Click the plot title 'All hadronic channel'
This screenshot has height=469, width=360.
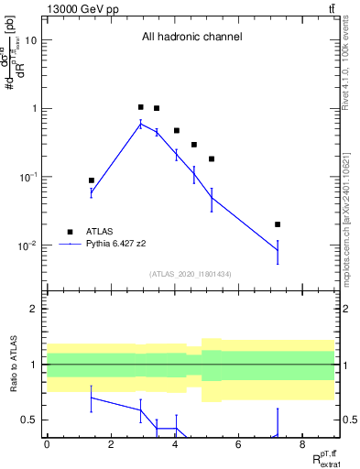(x=191, y=38)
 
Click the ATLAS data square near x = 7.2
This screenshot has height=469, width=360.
(x=278, y=224)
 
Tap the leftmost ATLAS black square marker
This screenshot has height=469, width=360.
(x=92, y=180)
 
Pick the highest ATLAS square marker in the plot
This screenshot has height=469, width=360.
(x=140, y=107)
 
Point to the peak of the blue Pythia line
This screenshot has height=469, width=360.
(x=140, y=124)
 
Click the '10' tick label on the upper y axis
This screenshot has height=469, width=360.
(x=31, y=40)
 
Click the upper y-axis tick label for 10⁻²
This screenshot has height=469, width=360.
(x=27, y=245)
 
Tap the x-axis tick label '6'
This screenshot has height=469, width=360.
(x=237, y=444)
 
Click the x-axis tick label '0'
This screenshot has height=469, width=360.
(x=47, y=444)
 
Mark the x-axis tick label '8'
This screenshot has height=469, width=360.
(x=301, y=444)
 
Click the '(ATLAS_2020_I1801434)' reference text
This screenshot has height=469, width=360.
(x=191, y=274)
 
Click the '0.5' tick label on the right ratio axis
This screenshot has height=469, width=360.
(x=348, y=420)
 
